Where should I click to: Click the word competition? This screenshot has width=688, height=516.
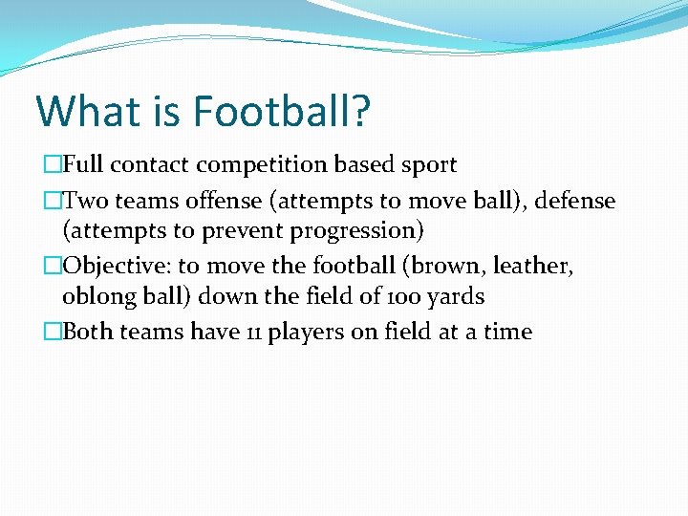point(262,164)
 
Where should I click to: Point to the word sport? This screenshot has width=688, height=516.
point(427,164)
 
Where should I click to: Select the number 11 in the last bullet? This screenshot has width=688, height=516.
point(250,333)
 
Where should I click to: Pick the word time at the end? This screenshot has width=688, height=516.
point(506,333)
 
